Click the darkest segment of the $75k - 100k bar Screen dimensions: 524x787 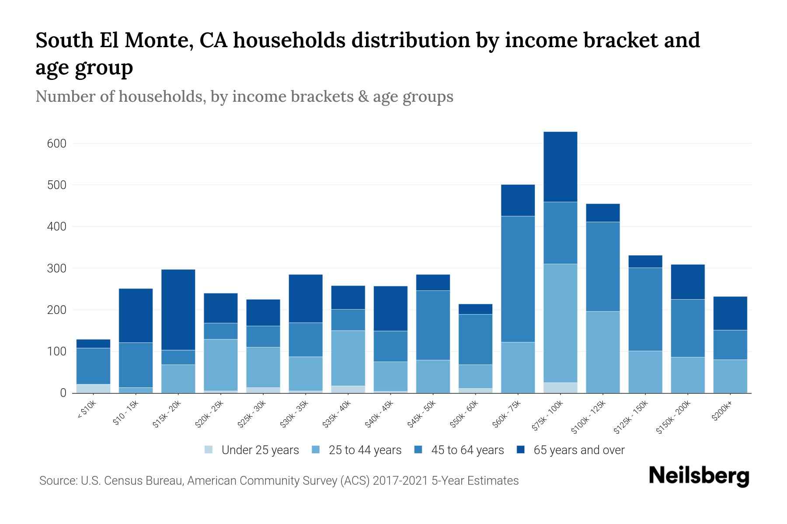point(560,166)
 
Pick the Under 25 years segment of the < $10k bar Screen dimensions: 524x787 point(93,388)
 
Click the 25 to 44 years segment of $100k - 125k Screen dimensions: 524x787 point(602,352)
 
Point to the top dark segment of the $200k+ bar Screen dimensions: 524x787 point(730,313)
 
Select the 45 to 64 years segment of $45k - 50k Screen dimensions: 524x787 point(433,325)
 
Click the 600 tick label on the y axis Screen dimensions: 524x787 point(56,144)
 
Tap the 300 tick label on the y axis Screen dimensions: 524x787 point(56,269)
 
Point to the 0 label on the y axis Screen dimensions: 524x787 point(63,393)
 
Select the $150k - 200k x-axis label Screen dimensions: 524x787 point(673,417)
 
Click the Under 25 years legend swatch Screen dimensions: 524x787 point(209,450)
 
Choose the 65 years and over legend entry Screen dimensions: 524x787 point(578,450)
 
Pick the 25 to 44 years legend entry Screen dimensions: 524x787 point(365,450)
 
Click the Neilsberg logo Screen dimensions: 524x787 point(699,476)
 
